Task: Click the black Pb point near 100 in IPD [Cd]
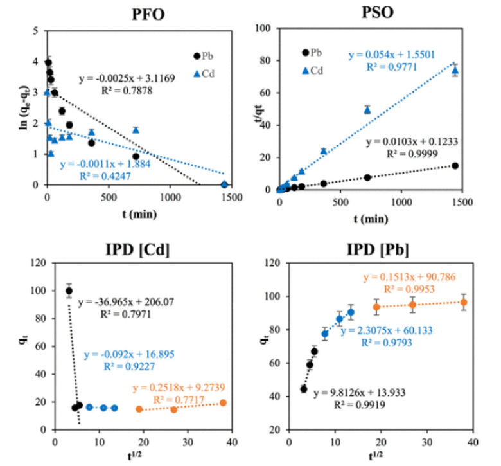(x=69, y=291)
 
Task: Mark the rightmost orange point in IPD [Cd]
(x=222, y=402)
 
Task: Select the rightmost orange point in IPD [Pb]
(x=464, y=302)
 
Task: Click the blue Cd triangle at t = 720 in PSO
(x=367, y=110)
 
